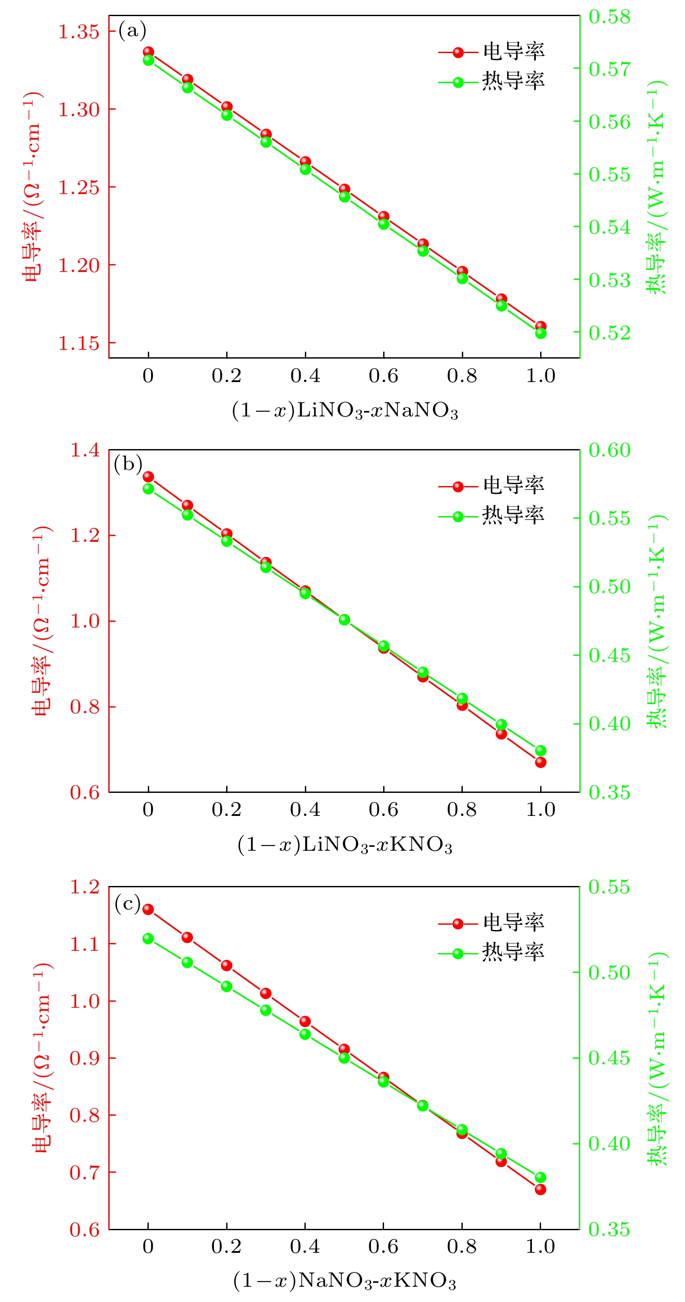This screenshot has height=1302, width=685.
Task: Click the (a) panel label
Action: pyautogui.click(x=132, y=31)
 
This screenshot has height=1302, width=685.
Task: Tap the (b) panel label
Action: pyautogui.click(x=128, y=463)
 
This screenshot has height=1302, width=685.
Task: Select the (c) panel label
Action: pyautogui.click(x=127, y=904)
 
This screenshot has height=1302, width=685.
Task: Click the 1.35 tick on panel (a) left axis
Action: pyautogui.click(x=79, y=32)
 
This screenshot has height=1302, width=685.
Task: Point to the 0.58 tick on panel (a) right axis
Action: pyautogui.click(x=610, y=17)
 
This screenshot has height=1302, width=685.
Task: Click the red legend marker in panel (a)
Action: pyautogui.click(x=458, y=52)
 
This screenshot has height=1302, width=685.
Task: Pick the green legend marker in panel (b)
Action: pyautogui.click(x=458, y=517)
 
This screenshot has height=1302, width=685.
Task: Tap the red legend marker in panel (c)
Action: pyautogui.click(x=458, y=924)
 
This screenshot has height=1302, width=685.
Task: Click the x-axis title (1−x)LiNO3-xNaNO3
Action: pyautogui.click(x=345, y=410)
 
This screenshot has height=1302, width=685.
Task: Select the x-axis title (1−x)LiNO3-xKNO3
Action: pyautogui.click(x=345, y=845)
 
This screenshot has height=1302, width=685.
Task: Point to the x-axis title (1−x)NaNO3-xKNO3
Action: pyautogui.click(x=345, y=1281)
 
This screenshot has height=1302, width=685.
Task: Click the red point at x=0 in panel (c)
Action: pyautogui.click(x=148, y=910)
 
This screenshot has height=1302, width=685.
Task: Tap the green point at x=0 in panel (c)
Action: pyautogui.click(x=148, y=939)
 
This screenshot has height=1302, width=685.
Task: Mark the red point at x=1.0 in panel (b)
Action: pyautogui.click(x=541, y=762)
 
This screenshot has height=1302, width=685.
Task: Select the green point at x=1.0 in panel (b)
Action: pyautogui.click(x=541, y=751)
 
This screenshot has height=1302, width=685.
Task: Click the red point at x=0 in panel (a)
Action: pyautogui.click(x=148, y=52)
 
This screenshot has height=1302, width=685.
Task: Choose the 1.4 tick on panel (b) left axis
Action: pyautogui.click(x=84, y=450)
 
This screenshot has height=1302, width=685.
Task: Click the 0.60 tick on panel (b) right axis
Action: pyautogui.click(x=610, y=450)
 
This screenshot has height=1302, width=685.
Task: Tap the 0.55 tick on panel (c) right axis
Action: pyautogui.click(x=610, y=887)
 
